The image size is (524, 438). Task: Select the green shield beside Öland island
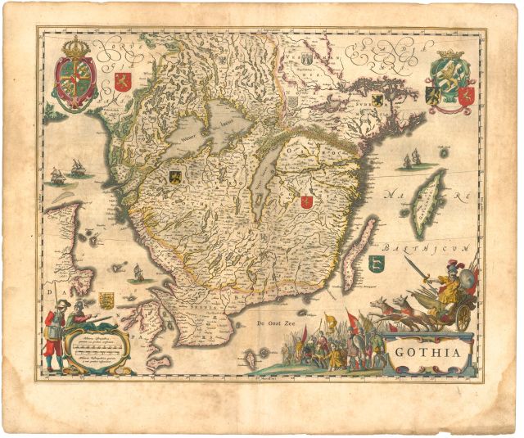click(376, 264)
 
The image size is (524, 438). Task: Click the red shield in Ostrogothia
click(306, 200)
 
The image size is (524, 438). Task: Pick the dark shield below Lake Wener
click(175, 174)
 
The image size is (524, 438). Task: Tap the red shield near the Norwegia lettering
click(121, 81)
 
